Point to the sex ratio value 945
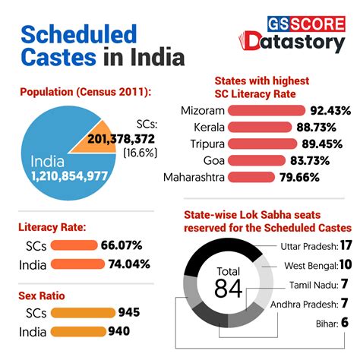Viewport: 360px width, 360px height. pyautogui.click(x=128, y=312)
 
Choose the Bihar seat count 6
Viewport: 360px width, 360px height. pyautogui.click(x=344, y=323)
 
